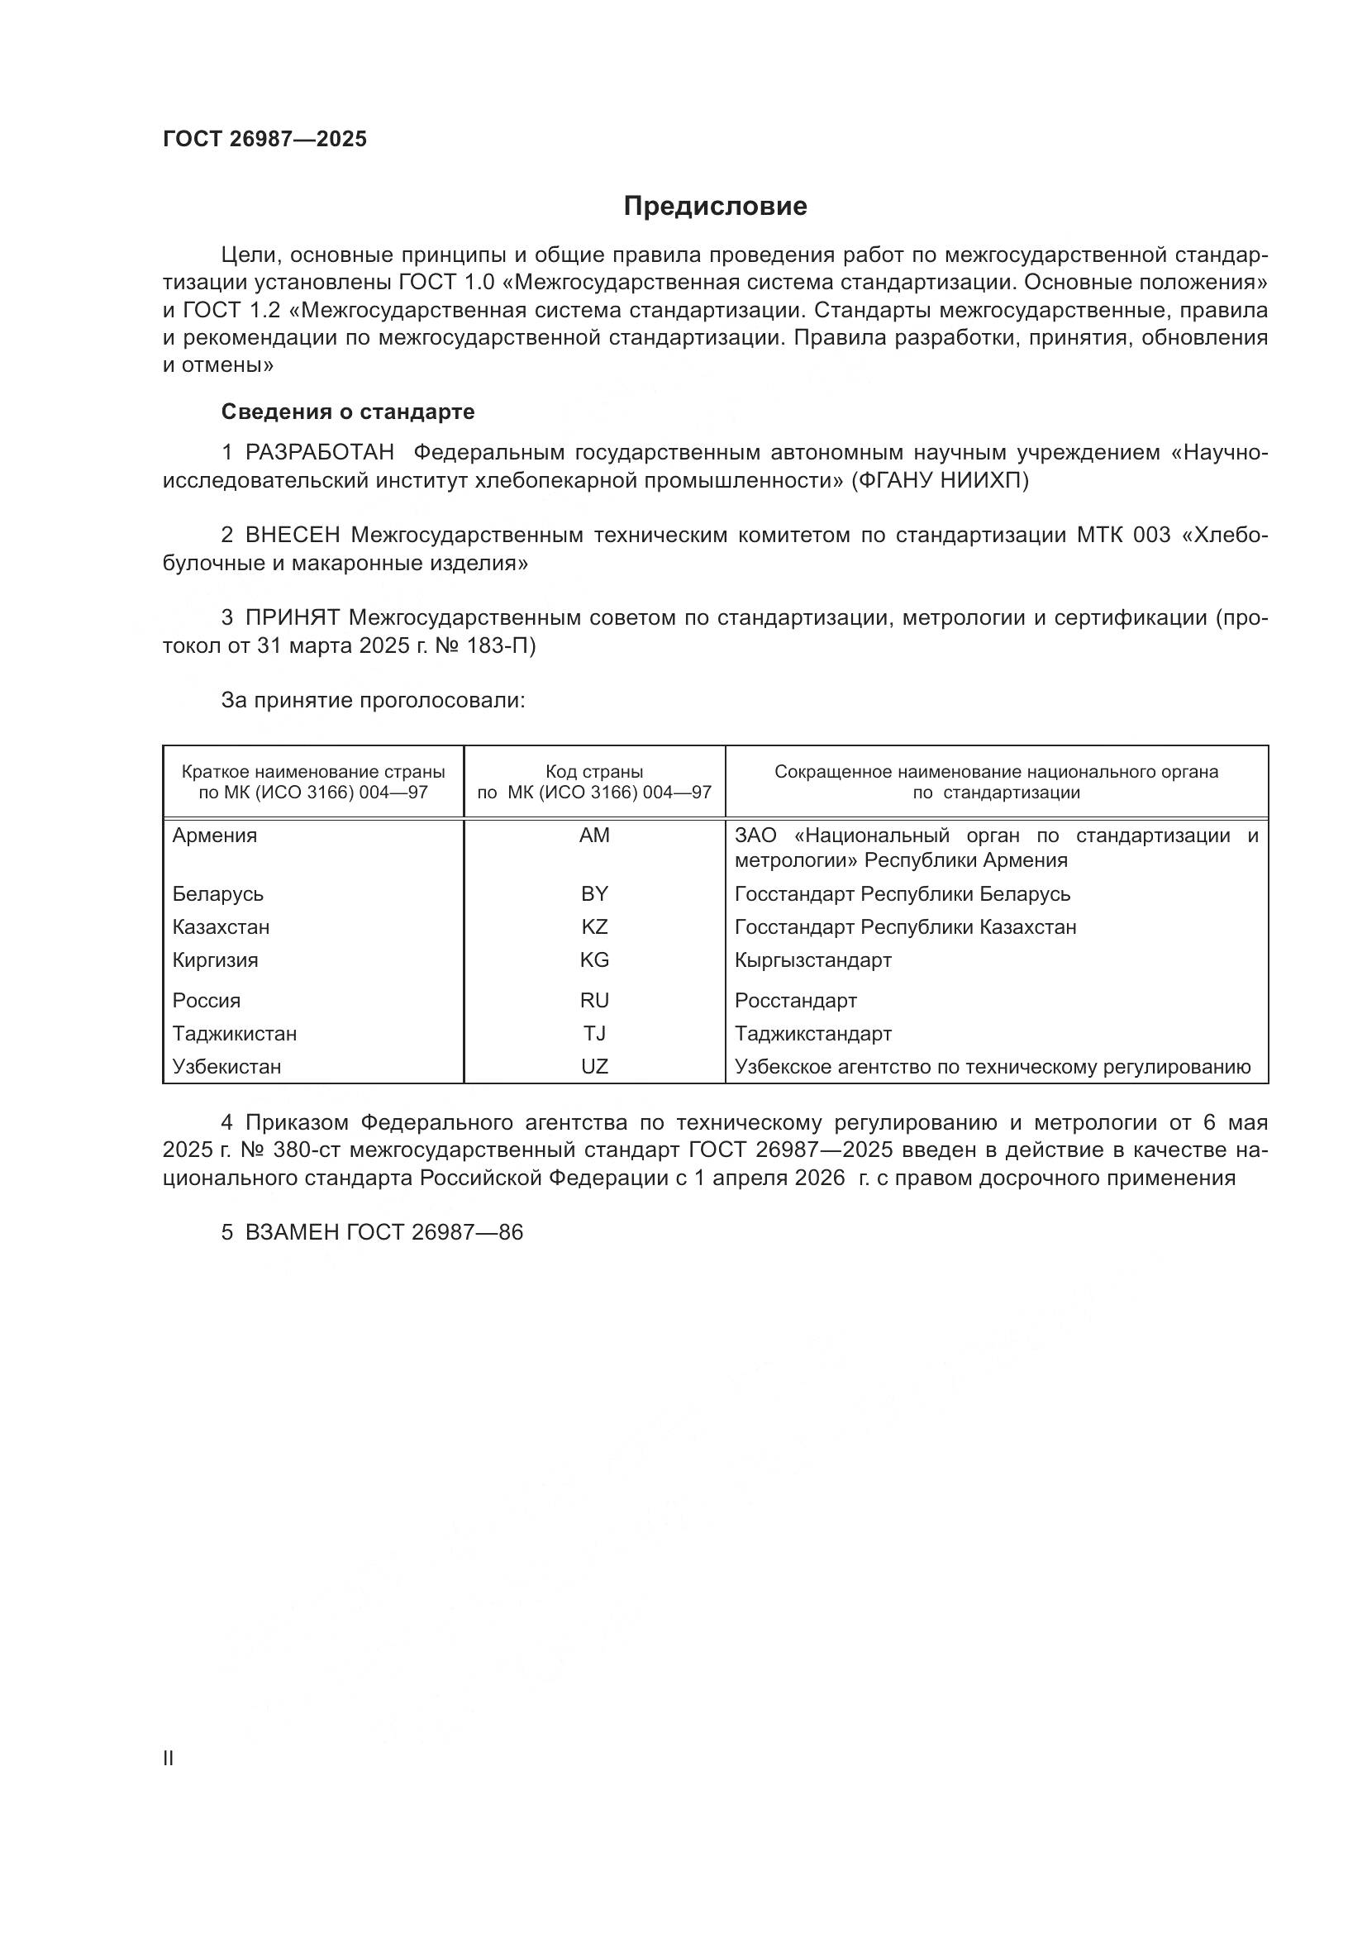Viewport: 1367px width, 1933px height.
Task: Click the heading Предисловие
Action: point(715,207)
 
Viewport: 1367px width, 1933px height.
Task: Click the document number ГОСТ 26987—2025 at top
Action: point(264,140)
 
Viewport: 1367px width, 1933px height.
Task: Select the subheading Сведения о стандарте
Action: point(348,412)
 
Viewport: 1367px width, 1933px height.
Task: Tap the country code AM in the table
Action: point(594,836)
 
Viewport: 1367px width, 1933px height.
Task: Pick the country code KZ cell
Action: point(594,927)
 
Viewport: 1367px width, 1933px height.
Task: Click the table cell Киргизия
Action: point(216,960)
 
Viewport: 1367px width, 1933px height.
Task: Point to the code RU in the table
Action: point(594,1001)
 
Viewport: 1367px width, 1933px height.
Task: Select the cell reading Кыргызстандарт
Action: point(813,960)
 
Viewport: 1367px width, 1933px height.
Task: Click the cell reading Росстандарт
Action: point(795,1001)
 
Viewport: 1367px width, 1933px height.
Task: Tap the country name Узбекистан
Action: point(226,1068)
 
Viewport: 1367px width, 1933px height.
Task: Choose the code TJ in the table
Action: point(594,1034)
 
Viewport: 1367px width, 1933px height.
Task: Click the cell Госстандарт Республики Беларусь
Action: point(903,894)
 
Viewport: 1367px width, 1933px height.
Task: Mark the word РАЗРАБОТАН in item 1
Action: point(320,453)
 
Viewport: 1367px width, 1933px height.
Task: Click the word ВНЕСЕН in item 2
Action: point(293,536)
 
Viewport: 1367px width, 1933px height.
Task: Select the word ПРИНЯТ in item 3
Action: point(292,618)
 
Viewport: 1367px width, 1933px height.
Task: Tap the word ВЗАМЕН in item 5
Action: point(292,1232)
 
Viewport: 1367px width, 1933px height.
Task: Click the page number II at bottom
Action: point(169,1759)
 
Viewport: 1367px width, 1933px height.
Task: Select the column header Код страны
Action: point(594,772)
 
